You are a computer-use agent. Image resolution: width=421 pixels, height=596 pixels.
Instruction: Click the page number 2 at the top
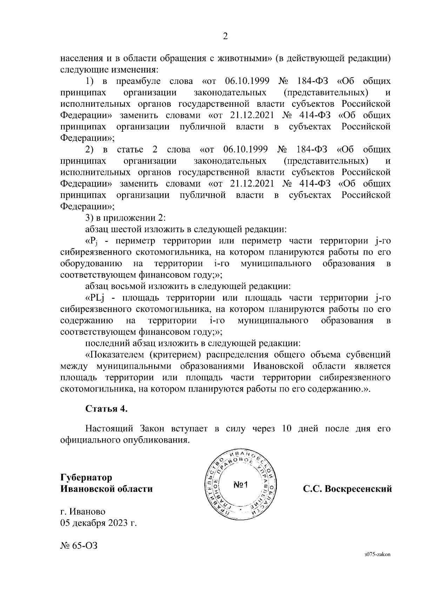226,37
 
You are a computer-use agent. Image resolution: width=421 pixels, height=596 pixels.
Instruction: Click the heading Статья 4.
107,409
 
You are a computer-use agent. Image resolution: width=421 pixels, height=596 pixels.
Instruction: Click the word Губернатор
86,478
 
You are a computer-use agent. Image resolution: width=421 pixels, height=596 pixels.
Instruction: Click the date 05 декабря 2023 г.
98,523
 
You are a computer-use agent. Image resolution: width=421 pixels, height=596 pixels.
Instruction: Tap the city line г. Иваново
83,512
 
